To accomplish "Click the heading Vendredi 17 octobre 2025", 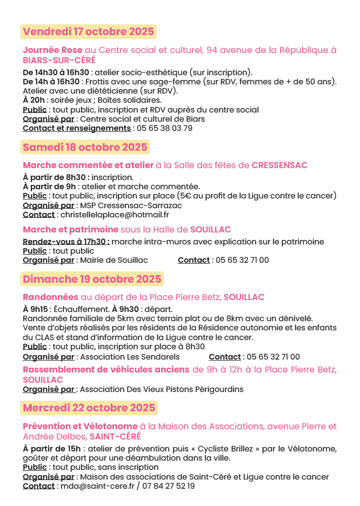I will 89,31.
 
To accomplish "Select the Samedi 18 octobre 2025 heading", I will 85,147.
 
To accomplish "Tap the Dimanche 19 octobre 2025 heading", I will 92,279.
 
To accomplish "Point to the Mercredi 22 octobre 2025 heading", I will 89,408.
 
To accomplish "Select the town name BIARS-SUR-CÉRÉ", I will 59,60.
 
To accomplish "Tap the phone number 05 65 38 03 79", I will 164,129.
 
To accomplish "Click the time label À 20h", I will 34,100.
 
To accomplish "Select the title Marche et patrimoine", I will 70,229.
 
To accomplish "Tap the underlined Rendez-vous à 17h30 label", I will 66,242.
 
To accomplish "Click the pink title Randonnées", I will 50,297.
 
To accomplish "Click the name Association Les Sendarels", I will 130,357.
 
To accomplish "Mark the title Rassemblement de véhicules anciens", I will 106,370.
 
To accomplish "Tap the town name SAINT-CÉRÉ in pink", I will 115,436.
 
